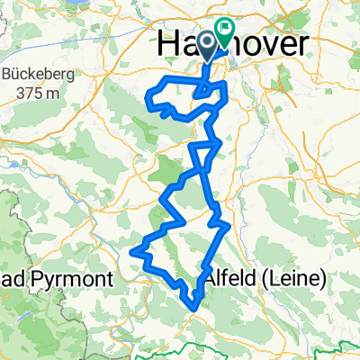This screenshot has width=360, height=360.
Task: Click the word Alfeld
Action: point(238,279)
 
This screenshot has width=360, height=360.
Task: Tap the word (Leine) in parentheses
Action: point(296,279)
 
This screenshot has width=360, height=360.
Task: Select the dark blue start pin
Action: point(206,43)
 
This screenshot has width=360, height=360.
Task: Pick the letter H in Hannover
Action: point(167,43)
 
